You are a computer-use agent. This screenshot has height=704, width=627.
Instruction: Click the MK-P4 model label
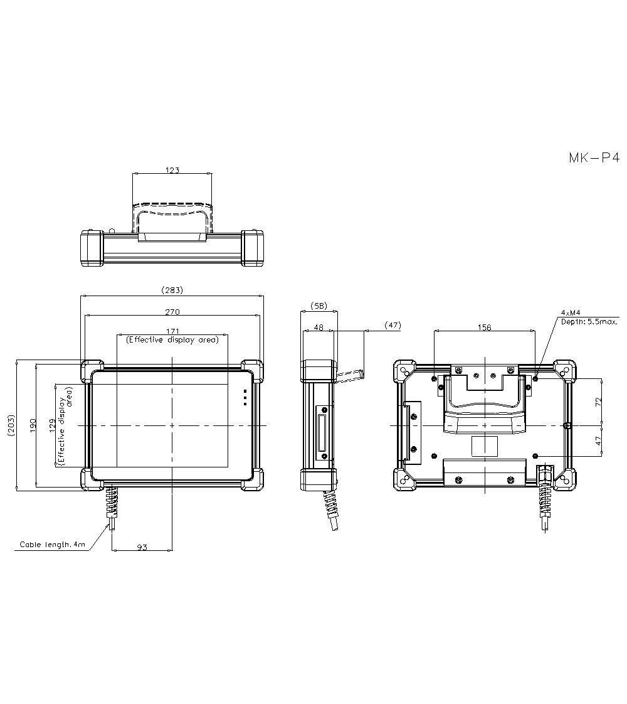594,158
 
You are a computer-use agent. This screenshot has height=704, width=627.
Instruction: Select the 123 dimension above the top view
172,170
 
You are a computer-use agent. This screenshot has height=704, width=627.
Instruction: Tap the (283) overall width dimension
172,290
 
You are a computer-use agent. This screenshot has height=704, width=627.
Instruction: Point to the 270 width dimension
172,312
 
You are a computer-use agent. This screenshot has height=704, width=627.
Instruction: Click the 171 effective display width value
172,331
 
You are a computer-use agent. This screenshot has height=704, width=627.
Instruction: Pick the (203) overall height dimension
11,425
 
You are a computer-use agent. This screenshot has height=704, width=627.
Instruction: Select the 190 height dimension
33,425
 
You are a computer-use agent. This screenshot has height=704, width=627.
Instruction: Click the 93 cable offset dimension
142,547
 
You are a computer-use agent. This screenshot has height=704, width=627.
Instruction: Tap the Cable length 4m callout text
53,545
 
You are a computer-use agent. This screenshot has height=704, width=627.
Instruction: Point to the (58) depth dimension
319,306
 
